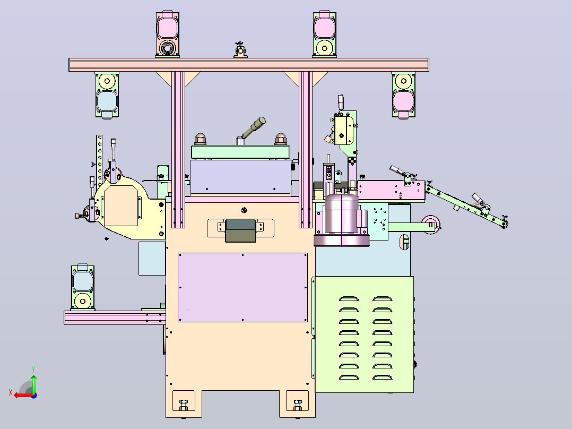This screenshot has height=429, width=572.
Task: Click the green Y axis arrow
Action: pyautogui.click(x=33, y=383)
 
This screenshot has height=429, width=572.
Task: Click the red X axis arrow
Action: pyautogui.click(x=23, y=395)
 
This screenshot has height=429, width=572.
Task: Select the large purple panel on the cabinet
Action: pyautogui.click(x=242, y=287)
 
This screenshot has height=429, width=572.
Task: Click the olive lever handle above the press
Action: pyautogui.click(x=253, y=127)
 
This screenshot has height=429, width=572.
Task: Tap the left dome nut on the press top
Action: pyautogui.click(x=200, y=139)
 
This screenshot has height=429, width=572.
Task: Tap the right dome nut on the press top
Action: pyautogui.click(x=280, y=139)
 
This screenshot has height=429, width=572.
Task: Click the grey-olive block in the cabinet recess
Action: pyautogui.click(x=240, y=230)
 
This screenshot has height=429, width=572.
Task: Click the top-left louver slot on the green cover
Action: pyautogui.click(x=349, y=299)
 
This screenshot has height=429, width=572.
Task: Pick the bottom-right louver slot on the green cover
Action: pyautogui.click(x=382, y=377)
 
